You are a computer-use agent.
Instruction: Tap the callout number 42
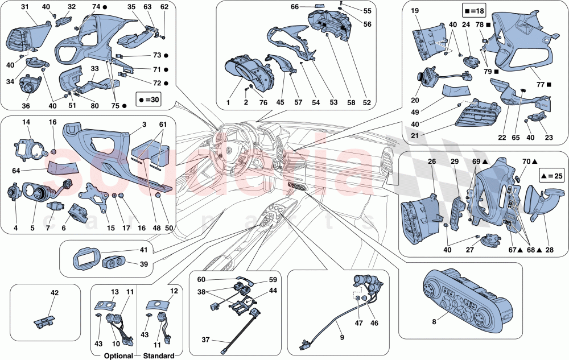[55, 293]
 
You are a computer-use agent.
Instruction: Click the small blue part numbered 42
[43, 321]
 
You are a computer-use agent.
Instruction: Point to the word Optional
[112, 356]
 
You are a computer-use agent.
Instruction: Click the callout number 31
[26, 6]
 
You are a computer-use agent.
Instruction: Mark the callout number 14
[26, 122]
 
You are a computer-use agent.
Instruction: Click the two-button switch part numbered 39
[116, 264]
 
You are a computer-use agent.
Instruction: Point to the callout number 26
[432, 162]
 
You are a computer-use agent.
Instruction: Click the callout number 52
[366, 103]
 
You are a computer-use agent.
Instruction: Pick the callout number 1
[228, 103]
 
